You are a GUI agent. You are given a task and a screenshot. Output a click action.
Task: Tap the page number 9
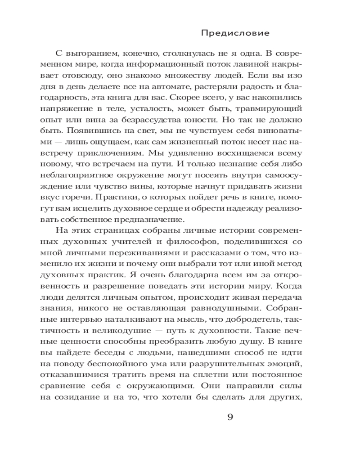tap(229, 416)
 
